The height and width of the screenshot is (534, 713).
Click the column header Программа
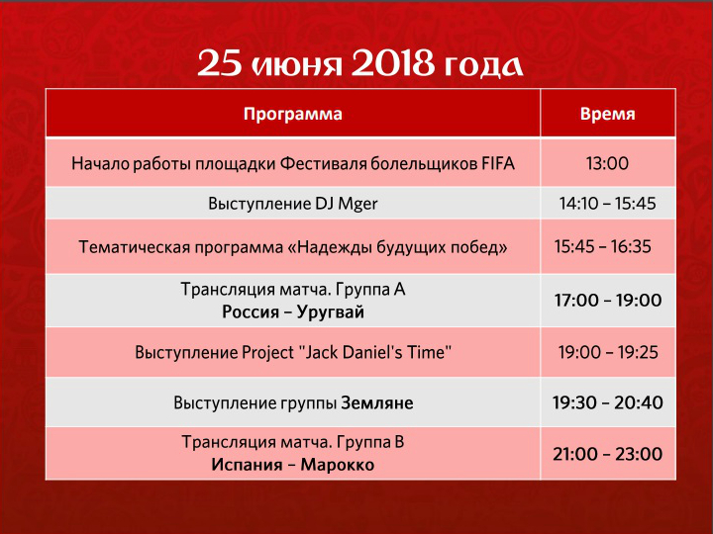click(293, 114)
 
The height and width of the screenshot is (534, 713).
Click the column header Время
click(607, 114)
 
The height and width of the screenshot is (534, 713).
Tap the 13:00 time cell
click(607, 163)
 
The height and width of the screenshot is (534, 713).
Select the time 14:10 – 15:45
click(607, 203)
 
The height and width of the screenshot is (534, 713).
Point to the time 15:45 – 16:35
click(603, 246)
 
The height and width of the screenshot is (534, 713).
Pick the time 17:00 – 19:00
click(607, 301)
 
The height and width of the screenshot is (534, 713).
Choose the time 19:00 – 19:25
click(608, 352)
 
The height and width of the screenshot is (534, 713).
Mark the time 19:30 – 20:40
click(607, 402)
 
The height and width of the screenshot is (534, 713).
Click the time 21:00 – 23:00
click(607, 454)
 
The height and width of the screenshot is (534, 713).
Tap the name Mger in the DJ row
click(357, 204)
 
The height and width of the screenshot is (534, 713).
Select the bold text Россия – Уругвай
click(293, 311)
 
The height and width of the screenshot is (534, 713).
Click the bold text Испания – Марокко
click(293, 465)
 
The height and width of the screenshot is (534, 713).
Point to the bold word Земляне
click(377, 402)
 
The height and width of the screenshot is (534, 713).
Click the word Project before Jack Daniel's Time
click(267, 353)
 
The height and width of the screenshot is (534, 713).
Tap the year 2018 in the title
click(393, 64)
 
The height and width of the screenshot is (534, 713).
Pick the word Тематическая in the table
click(134, 247)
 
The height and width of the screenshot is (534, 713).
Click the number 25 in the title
click(220, 64)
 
